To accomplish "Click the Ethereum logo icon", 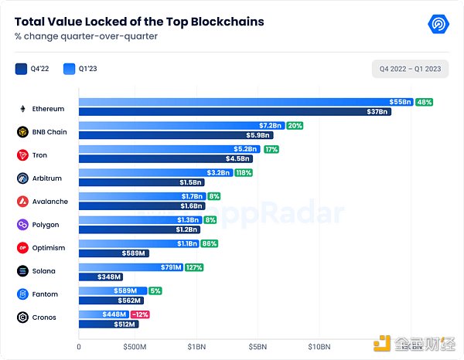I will coord(22,109).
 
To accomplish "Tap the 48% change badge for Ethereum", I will coord(424,102).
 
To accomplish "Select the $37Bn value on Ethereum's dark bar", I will coord(378,112).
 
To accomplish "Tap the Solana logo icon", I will coord(22,271).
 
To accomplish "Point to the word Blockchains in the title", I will coord(222,22).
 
